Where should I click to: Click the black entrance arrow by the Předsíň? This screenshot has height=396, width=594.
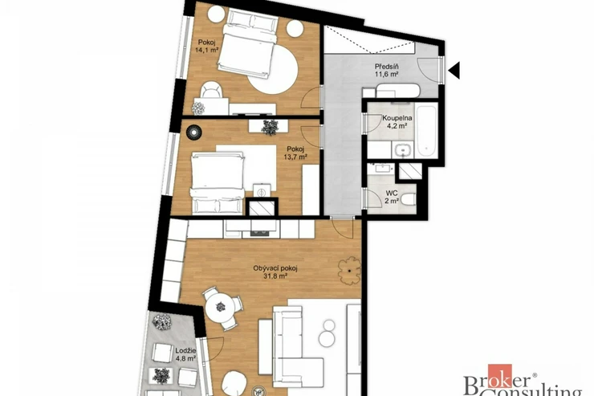454,70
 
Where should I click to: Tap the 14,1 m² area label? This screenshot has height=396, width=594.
206,50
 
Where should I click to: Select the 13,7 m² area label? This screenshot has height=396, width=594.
295,156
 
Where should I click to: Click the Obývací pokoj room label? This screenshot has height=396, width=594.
275,268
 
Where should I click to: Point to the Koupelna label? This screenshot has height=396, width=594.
397,118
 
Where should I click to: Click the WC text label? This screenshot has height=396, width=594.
392,194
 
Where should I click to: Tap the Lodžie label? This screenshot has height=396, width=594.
185,350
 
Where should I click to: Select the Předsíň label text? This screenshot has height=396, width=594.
386,67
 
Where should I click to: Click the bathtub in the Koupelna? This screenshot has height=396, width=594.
426,130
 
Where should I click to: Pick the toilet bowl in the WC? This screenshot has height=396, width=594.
409,199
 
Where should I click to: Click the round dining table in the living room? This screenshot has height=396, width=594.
221,306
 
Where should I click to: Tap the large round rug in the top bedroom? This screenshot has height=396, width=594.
273,69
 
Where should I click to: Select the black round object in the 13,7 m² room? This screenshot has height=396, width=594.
193,133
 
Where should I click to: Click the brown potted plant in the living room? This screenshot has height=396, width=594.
349,271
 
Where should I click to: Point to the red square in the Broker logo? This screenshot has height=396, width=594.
499,376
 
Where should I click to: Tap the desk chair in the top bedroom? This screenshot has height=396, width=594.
210,90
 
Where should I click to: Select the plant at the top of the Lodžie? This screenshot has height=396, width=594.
162,322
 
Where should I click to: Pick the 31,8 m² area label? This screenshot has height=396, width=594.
275,276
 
